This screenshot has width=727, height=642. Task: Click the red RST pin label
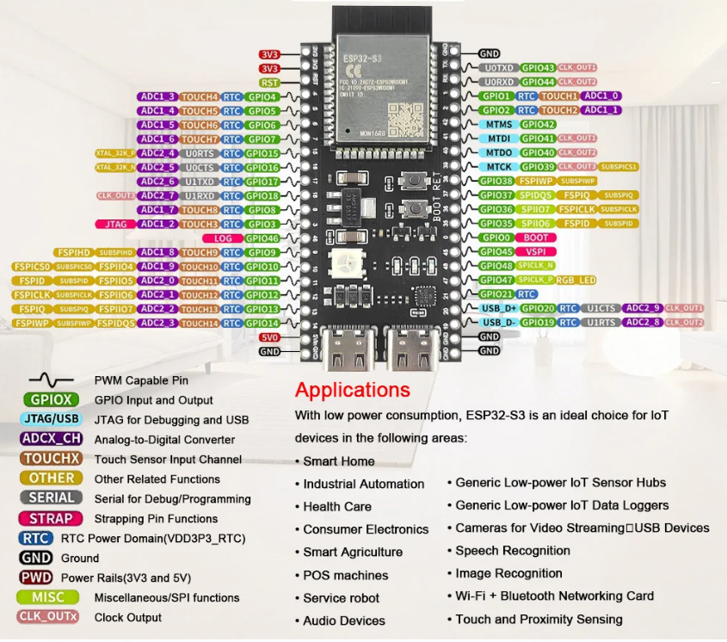[269, 82]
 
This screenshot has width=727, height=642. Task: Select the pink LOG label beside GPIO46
[222, 238]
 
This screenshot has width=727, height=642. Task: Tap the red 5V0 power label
[269, 337]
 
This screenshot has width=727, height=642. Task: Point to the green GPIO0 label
[496, 238]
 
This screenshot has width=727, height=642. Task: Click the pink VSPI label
[536, 251]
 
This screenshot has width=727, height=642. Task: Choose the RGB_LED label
[576, 280]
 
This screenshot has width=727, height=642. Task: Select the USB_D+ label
[499, 308]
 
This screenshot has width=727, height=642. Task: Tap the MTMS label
[499, 124]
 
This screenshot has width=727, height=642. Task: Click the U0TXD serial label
[499, 67]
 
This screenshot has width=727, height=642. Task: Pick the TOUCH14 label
[200, 323]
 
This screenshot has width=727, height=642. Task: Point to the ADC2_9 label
[643, 308]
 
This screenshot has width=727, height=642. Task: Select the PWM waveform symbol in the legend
[51, 380]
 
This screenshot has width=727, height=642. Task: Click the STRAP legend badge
[51, 518]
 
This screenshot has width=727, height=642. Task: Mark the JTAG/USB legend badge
[51, 419]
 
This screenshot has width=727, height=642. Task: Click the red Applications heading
[352, 390]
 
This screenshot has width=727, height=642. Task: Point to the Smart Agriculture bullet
[352, 552]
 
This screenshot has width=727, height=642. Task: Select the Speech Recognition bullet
[512, 550]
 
